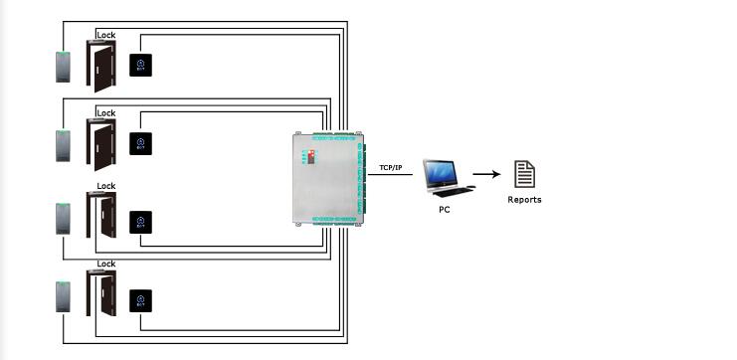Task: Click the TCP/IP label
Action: (x=391, y=168)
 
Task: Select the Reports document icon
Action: (x=524, y=174)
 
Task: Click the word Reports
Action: (x=524, y=200)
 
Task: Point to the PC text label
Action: (x=444, y=210)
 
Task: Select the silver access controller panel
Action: (x=327, y=181)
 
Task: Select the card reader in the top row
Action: (x=65, y=67)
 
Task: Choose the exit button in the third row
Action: (x=141, y=222)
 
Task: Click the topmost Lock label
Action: (x=105, y=35)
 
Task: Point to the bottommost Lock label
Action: (x=105, y=264)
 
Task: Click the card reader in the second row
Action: (x=65, y=145)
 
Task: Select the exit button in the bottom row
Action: (x=141, y=299)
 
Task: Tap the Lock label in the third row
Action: (x=105, y=186)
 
